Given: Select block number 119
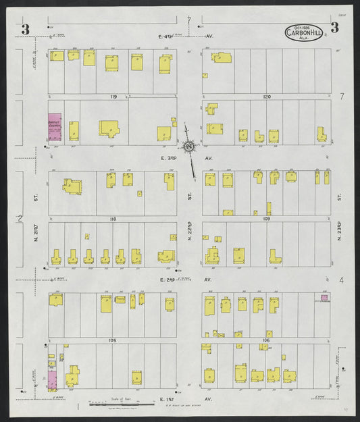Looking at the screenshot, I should click(113, 97).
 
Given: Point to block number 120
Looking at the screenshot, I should click(267, 97).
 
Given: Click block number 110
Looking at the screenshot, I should click(113, 219).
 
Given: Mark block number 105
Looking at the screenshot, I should click(112, 341).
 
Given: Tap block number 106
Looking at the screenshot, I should click(266, 341).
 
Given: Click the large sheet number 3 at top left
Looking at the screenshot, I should click(26, 29).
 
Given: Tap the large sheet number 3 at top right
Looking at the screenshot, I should click(334, 28).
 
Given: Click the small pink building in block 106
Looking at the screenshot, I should click(324, 297).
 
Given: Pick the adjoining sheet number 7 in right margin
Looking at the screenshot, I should click(342, 97).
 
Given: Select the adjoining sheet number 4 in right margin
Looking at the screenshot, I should click(342, 280).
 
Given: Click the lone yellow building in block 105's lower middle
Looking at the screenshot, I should click(137, 377).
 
